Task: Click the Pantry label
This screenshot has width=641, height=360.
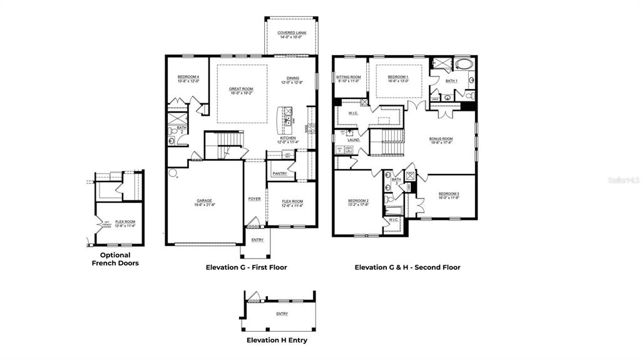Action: (x=279, y=173)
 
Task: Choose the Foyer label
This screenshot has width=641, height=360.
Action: (x=254, y=199)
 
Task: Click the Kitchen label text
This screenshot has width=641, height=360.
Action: (x=288, y=138)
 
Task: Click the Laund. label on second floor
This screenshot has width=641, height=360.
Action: (x=354, y=140)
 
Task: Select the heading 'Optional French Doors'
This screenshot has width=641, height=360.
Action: (x=115, y=259)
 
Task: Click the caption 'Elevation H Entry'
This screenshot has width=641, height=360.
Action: (x=277, y=341)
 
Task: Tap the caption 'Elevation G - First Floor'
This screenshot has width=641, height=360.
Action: (x=246, y=267)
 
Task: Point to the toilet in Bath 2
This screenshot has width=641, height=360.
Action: (x=171, y=140)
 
